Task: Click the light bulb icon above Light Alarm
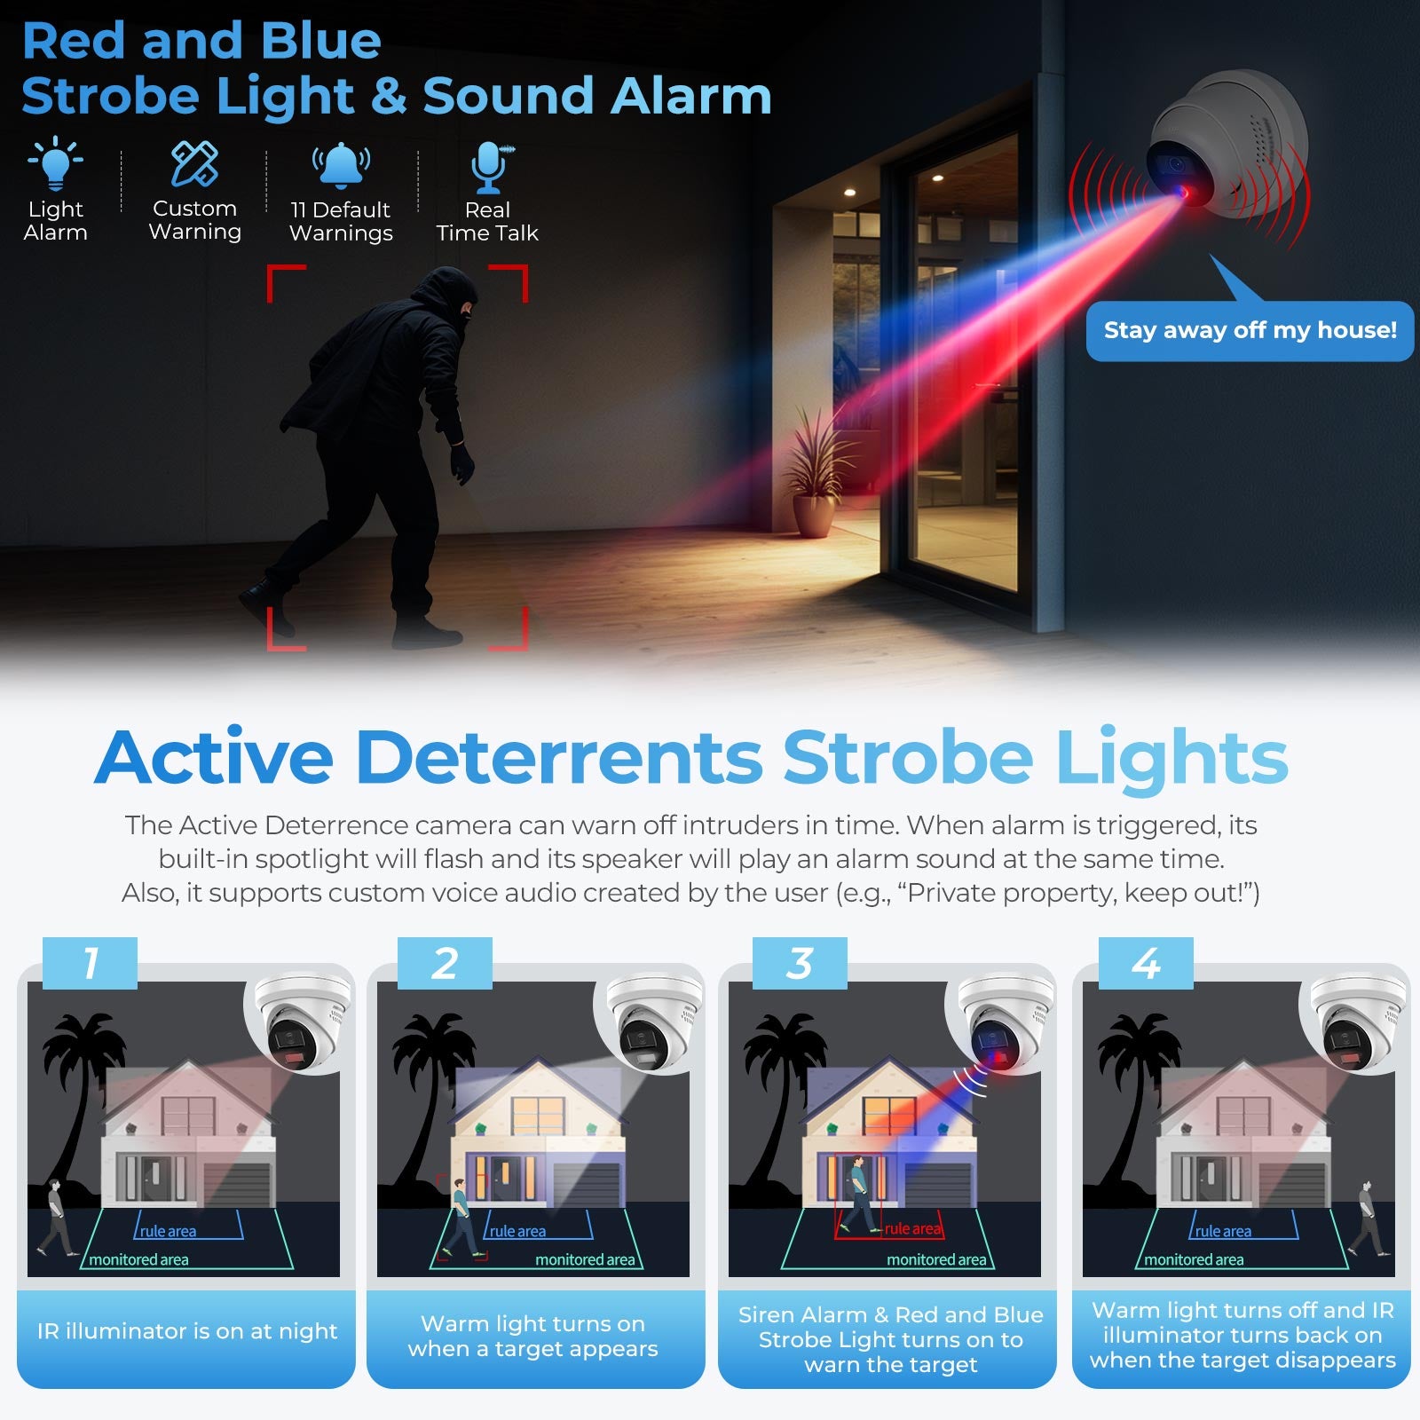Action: click(55, 163)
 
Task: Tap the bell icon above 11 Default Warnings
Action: click(341, 165)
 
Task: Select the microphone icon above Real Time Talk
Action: click(489, 167)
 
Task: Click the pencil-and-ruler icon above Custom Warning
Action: click(194, 163)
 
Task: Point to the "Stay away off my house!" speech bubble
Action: click(1250, 330)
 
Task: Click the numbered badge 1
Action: click(90, 963)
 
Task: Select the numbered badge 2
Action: click(445, 963)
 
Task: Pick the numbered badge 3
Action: click(800, 963)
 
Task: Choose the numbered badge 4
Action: click(1146, 963)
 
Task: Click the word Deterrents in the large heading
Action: click(559, 758)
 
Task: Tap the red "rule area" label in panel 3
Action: click(913, 1228)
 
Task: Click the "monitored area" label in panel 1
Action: click(138, 1259)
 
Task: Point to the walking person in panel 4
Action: click(1368, 1218)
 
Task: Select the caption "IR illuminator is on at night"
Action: click(187, 1331)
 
